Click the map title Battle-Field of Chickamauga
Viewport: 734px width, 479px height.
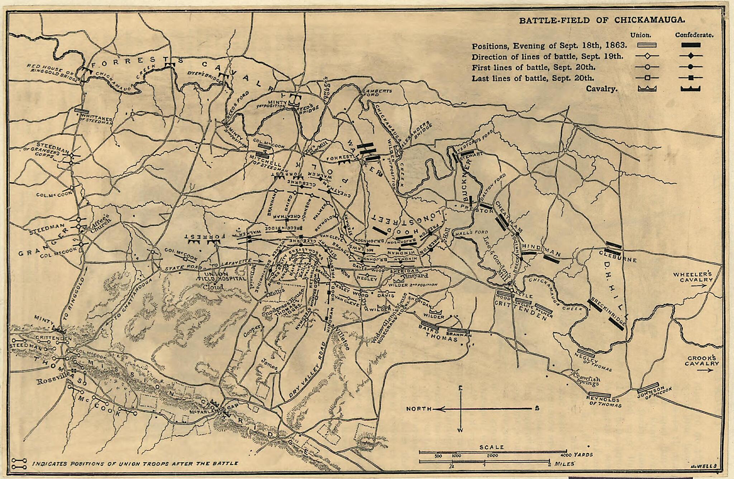point(602,20)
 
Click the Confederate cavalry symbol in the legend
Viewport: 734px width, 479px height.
point(691,88)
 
